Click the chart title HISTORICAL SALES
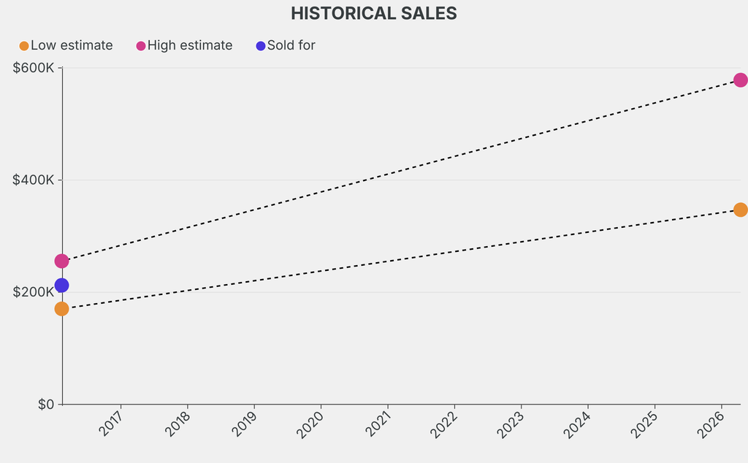[373, 13]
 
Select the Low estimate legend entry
[66, 45]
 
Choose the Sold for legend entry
[286, 45]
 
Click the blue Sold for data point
[61, 286]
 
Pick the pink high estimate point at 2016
[61, 261]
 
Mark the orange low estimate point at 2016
[61, 309]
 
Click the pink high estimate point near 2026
[740, 80]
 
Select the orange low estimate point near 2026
[740, 210]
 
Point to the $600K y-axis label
[34, 68]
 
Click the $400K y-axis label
[34, 180]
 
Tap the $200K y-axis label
[34, 292]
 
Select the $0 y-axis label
[46, 405]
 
